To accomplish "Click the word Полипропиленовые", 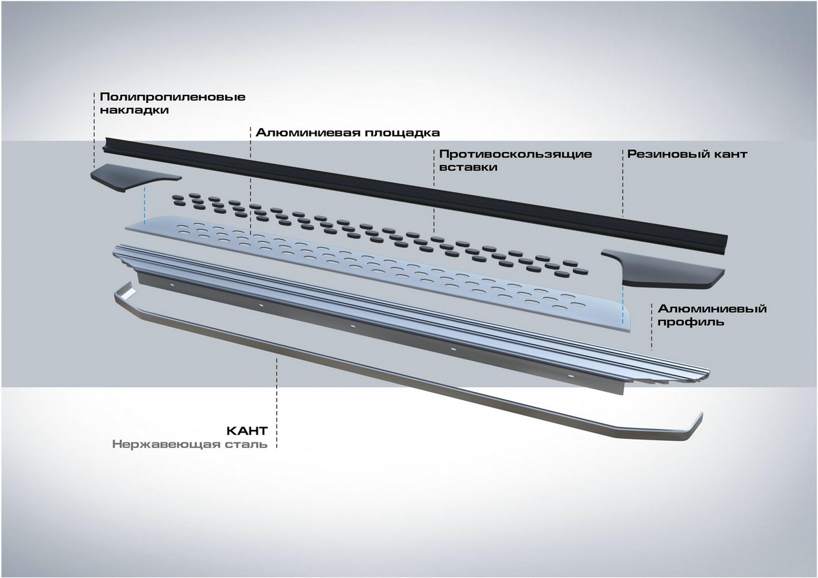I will pos(172,96).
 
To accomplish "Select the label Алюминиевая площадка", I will pos(348,132).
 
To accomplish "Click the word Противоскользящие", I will pos(516,154).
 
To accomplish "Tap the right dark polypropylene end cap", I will pos(658,269).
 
